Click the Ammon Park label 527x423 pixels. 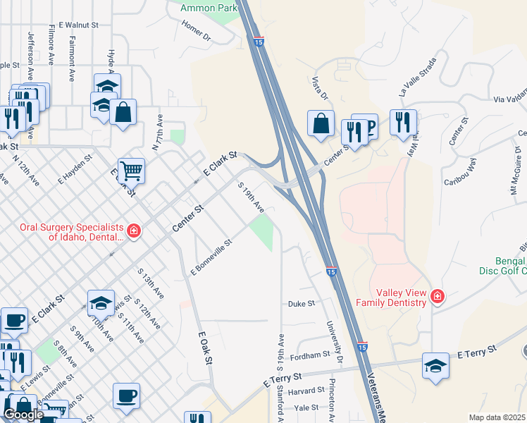(x=208, y=8)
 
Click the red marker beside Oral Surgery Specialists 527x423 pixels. (x=133, y=231)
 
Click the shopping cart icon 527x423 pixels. (x=131, y=170)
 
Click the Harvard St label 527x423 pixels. (x=305, y=391)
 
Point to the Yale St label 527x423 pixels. (x=306, y=407)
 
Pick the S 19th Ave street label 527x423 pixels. (x=251, y=198)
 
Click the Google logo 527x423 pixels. (x=23, y=415)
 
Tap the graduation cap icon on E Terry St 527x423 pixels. (x=435, y=364)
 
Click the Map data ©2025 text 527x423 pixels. (x=497, y=417)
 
